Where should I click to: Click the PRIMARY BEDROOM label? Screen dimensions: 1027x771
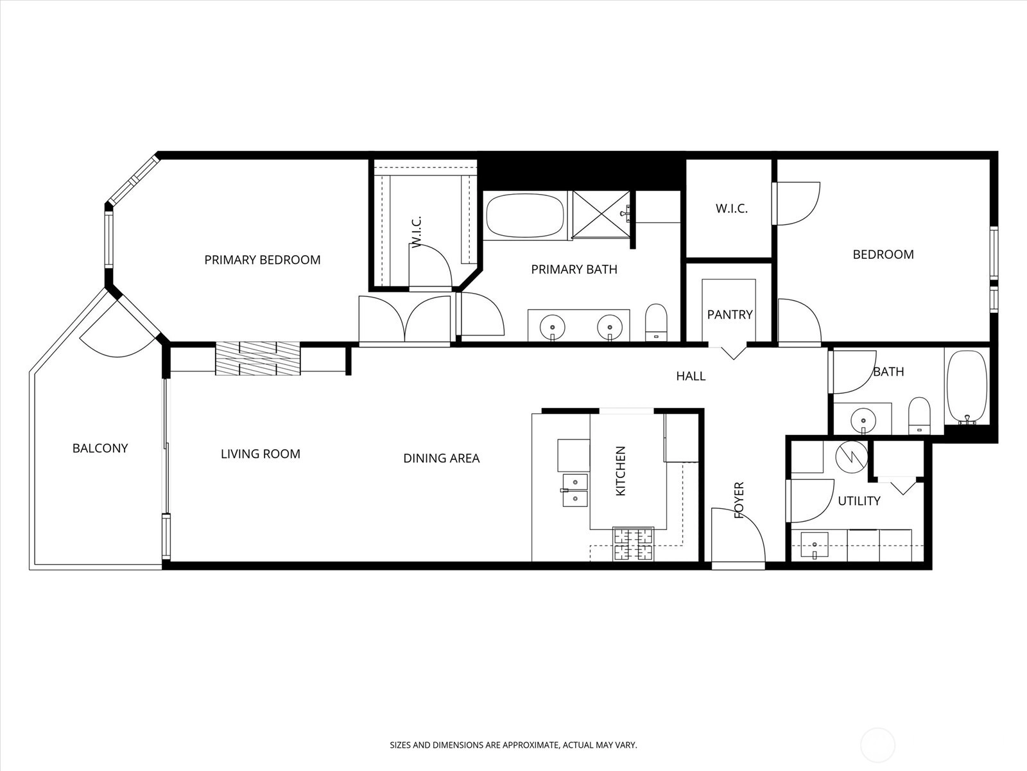pos(262,260)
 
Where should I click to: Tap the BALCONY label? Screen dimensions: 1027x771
pos(100,448)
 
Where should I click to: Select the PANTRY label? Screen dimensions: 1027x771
pos(729,315)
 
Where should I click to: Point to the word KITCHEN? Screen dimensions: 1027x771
pos(621,471)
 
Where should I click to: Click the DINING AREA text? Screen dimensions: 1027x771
pos(441,458)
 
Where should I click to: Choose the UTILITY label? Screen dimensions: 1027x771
pos(859,501)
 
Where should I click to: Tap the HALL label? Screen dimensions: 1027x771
pos(691,376)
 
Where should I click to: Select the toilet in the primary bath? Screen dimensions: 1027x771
pos(655,323)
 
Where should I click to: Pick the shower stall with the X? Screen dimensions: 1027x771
pos(601,215)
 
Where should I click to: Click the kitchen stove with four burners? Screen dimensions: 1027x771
pos(633,544)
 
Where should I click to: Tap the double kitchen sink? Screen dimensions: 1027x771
pos(575,490)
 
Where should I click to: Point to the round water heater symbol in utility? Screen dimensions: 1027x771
pos(852,457)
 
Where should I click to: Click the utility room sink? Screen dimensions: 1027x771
pos(814,545)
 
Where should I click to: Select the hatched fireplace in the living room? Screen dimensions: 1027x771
pos(258,359)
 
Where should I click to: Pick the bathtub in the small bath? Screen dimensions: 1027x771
pos(967,387)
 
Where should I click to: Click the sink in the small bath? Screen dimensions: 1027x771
pos(862,418)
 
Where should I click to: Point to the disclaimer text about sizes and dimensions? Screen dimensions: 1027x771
pos(513,745)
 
